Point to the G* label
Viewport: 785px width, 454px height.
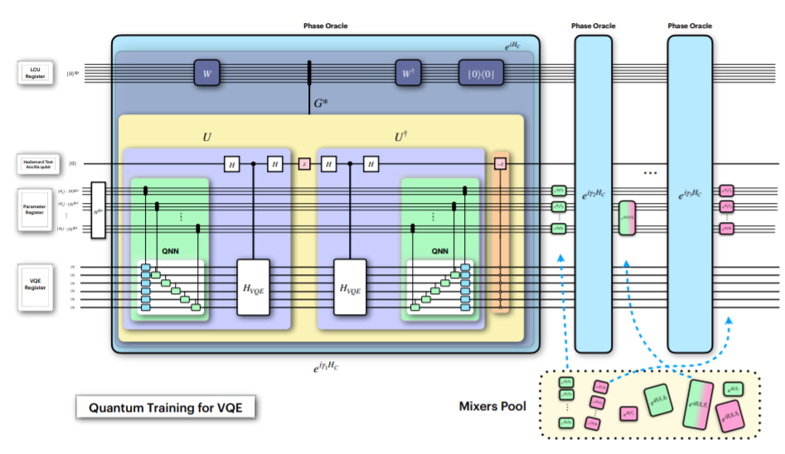click(x=322, y=104)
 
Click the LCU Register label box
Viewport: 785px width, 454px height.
click(x=36, y=73)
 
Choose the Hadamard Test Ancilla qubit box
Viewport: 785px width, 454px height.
click(x=36, y=163)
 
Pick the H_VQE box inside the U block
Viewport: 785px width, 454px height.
click(x=253, y=287)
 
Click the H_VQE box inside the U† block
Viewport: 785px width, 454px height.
click(x=350, y=287)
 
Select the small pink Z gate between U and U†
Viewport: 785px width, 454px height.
click(x=303, y=164)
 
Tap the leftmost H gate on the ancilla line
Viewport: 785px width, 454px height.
click(x=231, y=164)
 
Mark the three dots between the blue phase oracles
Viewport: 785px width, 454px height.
click(x=650, y=173)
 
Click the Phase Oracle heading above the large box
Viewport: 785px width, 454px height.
click(x=325, y=26)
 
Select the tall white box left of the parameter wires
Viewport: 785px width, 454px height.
click(x=99, y=210)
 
